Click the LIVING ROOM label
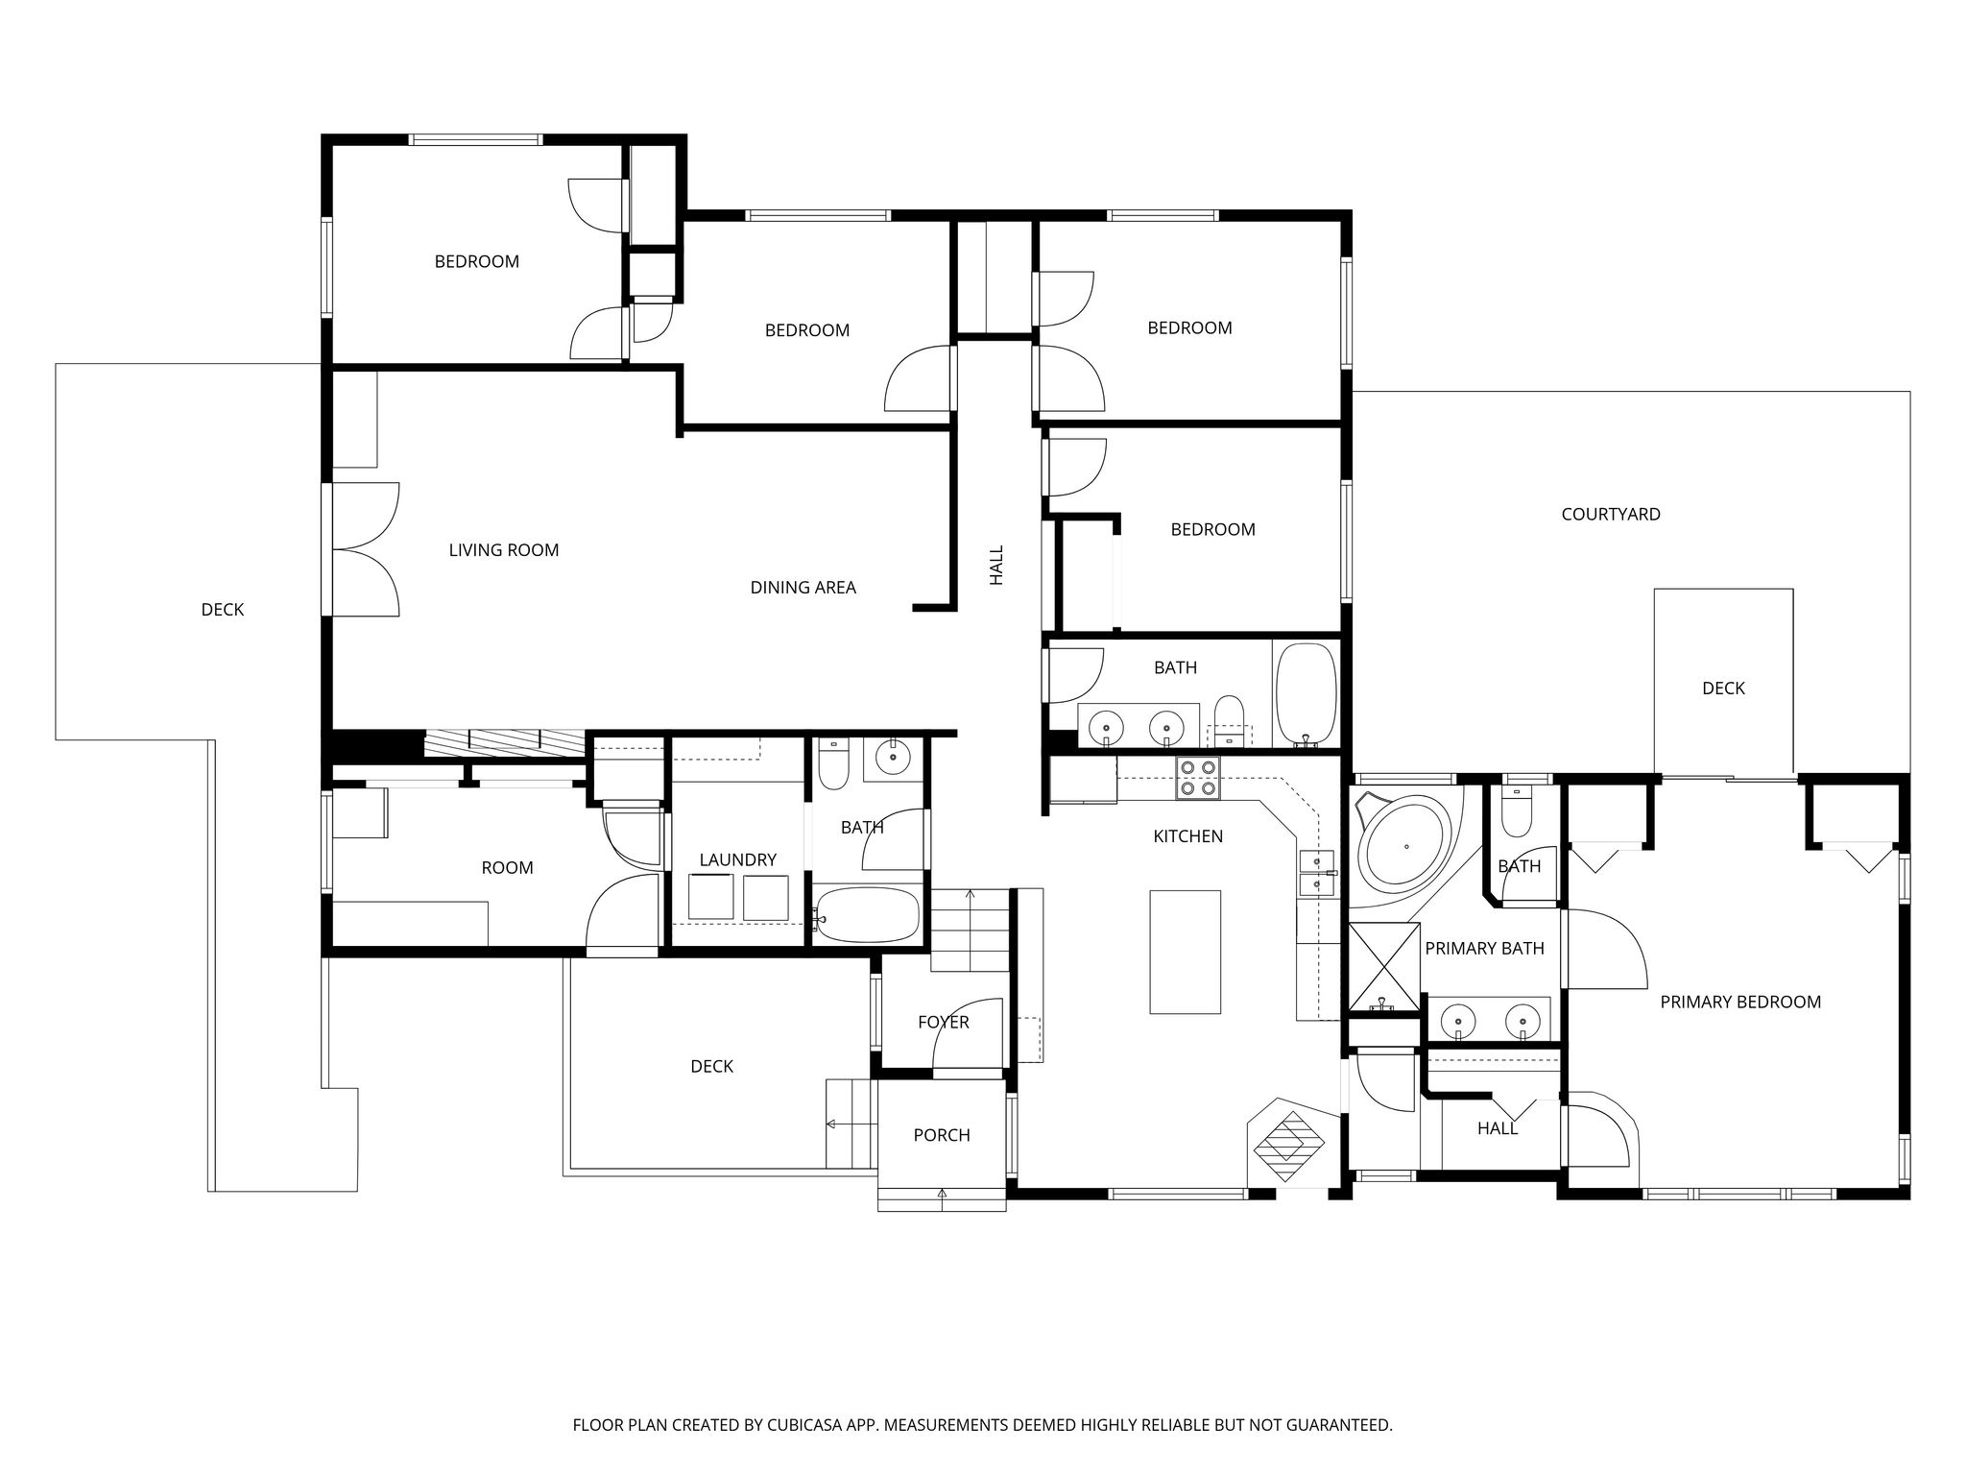point(504,550)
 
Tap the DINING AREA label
point(803,588)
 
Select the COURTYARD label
point(1611,515)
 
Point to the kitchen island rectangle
point(1186,952)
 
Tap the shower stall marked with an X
point(1383,966)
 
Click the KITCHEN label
point(1187,836)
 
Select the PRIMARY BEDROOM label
point(1740,1003)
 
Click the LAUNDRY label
point(737,860)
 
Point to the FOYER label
point(943,1023)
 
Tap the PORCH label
point(942,1136)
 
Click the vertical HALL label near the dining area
point(996,566)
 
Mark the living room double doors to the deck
point(365,549)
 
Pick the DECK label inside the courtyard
point(1723,689)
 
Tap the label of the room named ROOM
point(507,868)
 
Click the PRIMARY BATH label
point(1484,949)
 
